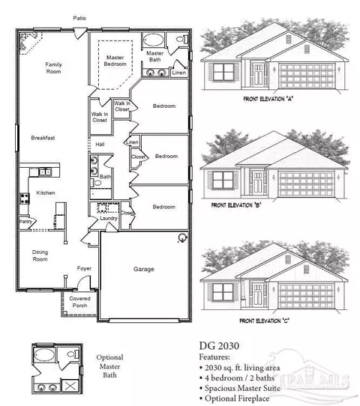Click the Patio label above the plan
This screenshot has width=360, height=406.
[79, 17]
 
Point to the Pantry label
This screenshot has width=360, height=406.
[25, 222]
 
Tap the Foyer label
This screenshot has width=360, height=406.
[84, 267]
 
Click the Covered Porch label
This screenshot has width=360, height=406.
[79, 302]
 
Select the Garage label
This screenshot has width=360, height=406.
[144, 268]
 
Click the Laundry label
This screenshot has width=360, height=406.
[109, 218]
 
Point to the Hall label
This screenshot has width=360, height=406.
[99, 144]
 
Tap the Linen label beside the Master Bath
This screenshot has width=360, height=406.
[178, 73]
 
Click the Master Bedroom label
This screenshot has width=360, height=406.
[115, 59]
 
